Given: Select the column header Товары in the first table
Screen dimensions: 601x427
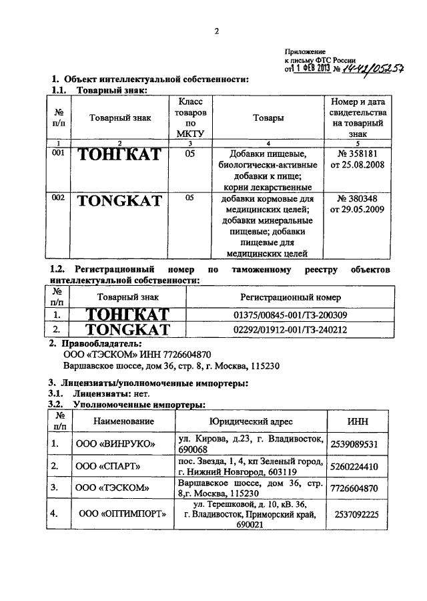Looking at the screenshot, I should click(x=268, y=118).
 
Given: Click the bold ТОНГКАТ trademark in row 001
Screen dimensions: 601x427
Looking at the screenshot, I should click(x=119, y=154).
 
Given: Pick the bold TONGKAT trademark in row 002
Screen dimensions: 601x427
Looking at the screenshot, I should click(x=119, y=200).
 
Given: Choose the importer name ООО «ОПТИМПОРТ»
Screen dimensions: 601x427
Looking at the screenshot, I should click(x=123, y=514).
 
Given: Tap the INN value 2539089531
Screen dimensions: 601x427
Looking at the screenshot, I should click(x=354, y=443).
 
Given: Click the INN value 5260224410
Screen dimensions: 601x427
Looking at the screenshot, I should click(x=354, y=466).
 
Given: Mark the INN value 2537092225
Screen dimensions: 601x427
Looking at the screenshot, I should click(x=354, y=514).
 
